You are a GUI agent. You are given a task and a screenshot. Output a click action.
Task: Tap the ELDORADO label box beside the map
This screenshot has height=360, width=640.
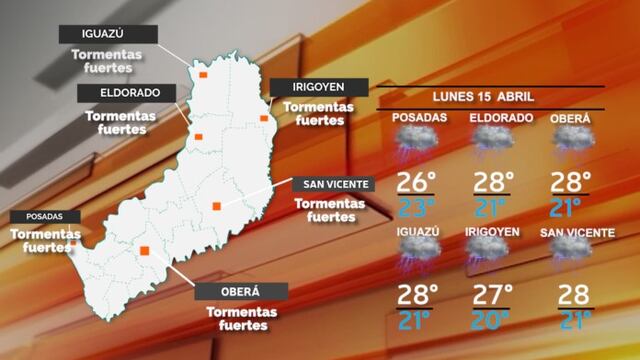point(125,93)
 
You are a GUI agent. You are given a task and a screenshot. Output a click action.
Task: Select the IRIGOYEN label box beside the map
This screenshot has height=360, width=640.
point(318,87)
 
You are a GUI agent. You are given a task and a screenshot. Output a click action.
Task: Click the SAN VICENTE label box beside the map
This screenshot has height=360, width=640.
point(332,184)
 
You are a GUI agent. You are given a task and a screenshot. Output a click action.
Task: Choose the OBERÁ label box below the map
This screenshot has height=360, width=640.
point(240,292)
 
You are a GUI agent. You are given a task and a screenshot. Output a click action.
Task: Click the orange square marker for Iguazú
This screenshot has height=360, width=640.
point(203,75)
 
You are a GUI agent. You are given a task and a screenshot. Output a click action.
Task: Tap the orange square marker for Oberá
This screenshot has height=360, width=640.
point(145,250)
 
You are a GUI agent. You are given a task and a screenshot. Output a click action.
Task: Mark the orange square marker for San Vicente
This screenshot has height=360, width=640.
point(216,206)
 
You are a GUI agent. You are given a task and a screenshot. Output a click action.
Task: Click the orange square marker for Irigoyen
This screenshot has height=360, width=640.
point(265,119)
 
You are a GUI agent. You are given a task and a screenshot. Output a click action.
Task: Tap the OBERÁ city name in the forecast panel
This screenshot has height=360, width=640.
point(570,119)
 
